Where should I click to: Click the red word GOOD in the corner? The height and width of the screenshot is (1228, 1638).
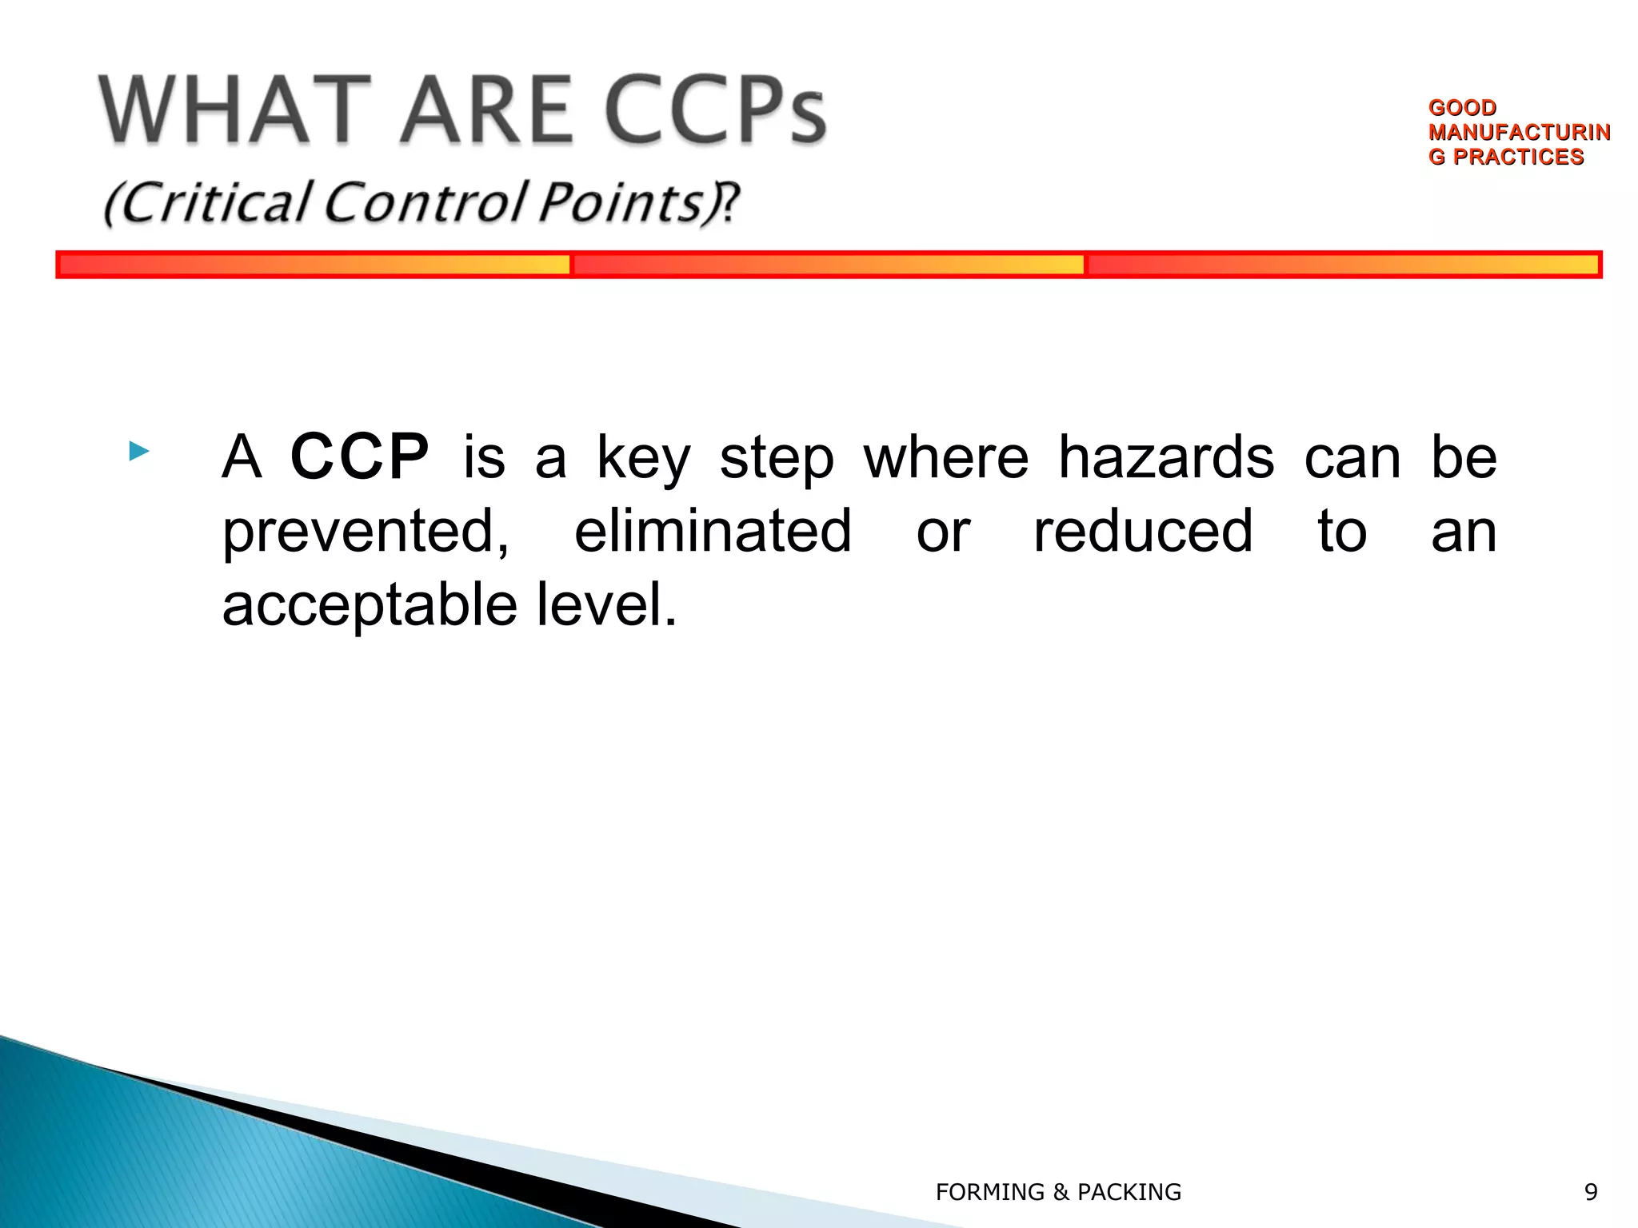point(1462,107)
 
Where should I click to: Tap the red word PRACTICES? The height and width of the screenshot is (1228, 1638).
point(1518,157)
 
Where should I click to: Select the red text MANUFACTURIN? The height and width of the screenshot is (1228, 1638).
point(1519,132)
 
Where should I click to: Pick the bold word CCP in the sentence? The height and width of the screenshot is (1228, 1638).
point(359,457)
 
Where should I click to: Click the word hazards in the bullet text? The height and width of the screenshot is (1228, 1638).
point(1166,457)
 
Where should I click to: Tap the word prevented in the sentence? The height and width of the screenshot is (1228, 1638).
point(365,532)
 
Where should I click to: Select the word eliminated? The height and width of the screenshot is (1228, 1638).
point(713,531)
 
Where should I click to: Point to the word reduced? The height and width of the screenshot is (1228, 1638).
point(1143,531)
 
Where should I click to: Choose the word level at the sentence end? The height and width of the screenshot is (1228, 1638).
point(605,604)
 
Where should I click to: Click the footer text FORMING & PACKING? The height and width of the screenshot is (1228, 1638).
point(1058,1192)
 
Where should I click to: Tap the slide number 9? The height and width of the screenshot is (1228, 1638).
point(1591,1192)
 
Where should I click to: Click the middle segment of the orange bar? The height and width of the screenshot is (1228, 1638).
point(829,265)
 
